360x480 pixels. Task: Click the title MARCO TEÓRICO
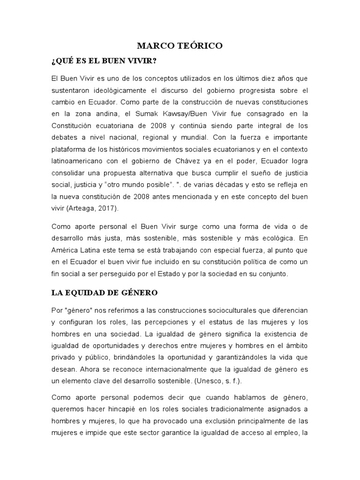point(180,46)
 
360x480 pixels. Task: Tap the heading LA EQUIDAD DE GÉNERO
point(104,293)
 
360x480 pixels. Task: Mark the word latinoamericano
point(77,161)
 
